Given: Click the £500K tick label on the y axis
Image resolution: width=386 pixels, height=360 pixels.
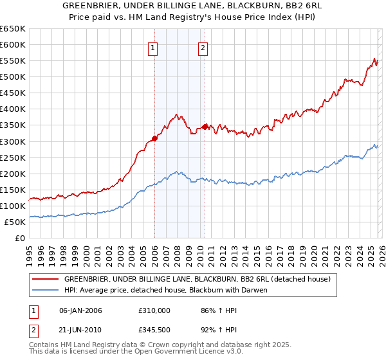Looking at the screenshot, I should pos(13,77).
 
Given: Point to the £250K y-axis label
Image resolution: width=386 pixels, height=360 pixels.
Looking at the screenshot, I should pos(13,157).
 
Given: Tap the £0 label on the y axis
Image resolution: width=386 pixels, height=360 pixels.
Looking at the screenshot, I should pos(20,239).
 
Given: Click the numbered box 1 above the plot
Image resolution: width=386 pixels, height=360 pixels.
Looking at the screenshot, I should pos(154,48).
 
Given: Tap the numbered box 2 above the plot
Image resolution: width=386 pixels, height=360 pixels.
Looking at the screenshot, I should pos(203,48).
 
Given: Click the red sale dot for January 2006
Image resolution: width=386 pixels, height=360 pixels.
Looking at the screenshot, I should pos(154,138).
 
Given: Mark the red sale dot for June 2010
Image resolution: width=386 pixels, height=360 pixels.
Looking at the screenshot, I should pos(205,127).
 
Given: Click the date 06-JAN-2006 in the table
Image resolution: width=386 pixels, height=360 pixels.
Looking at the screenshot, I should pos(80,310).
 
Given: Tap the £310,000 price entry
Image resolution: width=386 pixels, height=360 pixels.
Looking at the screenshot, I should pos(154,310).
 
